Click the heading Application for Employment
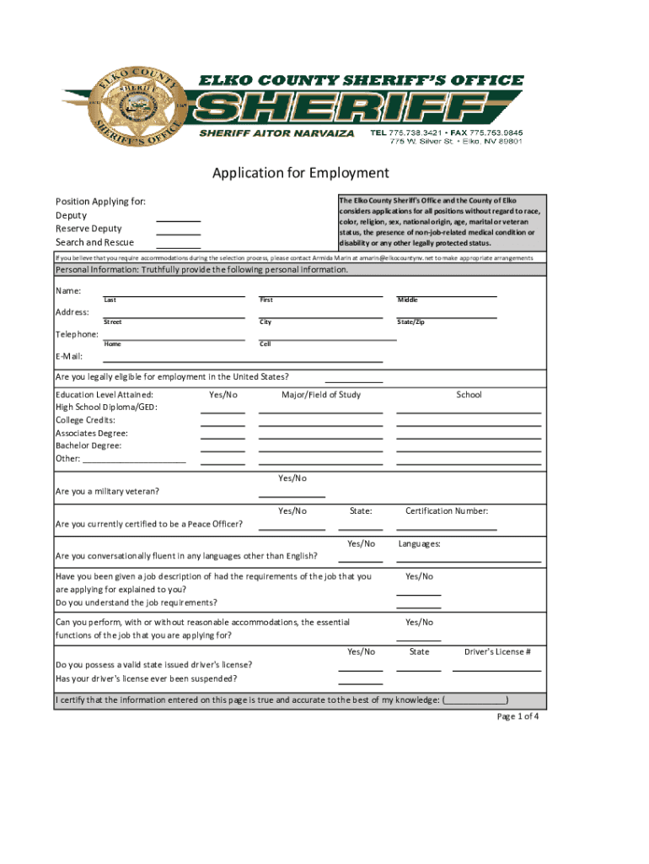click(x=300, y=173)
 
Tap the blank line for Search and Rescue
click(x=178, y=246)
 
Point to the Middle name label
click(x=407, y=300)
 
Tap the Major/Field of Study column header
click(x=320, y=395)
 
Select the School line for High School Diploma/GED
click(x=468, y=411)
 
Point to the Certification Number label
click(x=446, y=510)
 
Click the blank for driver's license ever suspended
click(x=360, y=683)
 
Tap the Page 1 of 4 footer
click(x=518, y=717)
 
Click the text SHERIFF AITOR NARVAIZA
click(x=265, y=133)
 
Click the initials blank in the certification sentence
click(x=476, y=700)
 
